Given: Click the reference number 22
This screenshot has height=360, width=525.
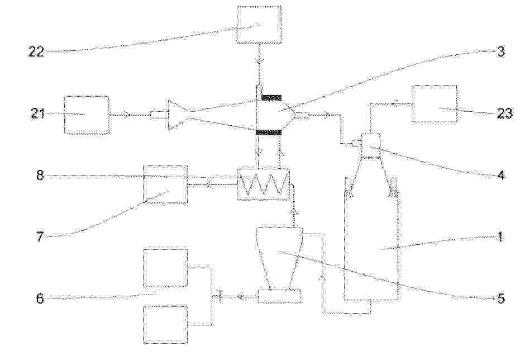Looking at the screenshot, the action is pyautogui.click(x=36, y=52).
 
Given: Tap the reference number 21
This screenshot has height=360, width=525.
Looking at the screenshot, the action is pyautogui.click(x=37, y=113).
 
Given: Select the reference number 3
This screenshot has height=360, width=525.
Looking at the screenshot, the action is pyautogui.click(x=500, y=52).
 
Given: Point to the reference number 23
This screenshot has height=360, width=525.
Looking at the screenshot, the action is pyautogui.click(x=504, y=113).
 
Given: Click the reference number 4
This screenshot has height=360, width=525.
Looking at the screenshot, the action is pyautogui.click(x=501, y=175).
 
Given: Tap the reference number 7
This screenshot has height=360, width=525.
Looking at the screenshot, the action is pyautogui.click(x=40, y=237).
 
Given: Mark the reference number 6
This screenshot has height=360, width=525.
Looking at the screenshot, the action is pyautogui.click(x=40, y=299).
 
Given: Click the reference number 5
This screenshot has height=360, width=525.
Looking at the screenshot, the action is pyautogui.click(x=501, y=299).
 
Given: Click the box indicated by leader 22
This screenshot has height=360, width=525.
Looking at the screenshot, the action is pyautogui.click(x=259, y=25).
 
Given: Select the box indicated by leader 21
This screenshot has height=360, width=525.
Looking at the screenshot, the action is pyautogui.click(x=87, y=115).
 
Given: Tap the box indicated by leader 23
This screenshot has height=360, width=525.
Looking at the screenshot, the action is pyautogui.click(x=435, y=104).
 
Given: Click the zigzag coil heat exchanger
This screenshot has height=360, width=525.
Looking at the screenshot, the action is pyautogui.click(x=263, y=184).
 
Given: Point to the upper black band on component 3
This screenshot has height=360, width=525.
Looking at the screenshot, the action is pyautogui.click(x=271, y=97).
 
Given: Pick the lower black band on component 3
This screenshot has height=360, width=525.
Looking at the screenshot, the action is pyautogui.click(x=269, y=132).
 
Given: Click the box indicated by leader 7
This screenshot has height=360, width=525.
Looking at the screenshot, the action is pyautogui.click(x=165, y=184).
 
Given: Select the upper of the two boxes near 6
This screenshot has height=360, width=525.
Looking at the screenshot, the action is pyautogui.click(x=165, y=268).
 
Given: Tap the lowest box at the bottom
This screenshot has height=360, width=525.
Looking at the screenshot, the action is pyautogui.click(x=165, y=324).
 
